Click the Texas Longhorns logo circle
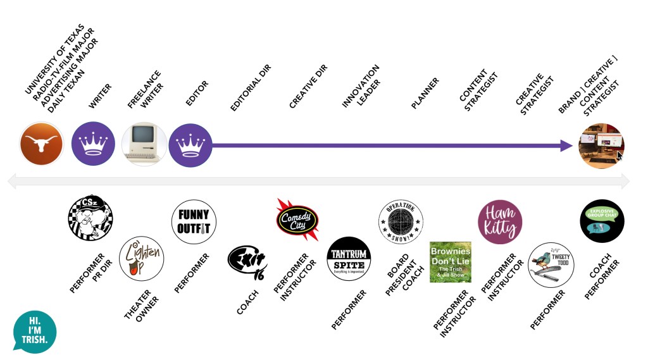42,144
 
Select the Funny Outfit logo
193,221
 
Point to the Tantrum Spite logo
349,259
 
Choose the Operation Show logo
401,221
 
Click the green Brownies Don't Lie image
451,261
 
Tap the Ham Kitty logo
500,222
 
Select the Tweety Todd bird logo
551,264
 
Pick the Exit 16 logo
247,261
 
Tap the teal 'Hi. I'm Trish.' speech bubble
34,330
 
